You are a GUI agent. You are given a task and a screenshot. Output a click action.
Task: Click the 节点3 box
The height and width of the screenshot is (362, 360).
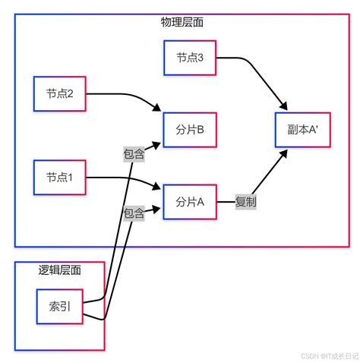pyautogui.click(x=190, y=58)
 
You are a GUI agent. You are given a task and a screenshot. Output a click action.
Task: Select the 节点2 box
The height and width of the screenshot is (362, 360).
pyautogui.click(x=59, y=94)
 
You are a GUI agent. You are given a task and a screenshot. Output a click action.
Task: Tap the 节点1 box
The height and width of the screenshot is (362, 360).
pyautogui.click(x=59, y=178)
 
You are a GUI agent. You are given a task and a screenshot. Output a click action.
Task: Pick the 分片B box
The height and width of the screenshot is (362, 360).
pyautogui.click(x=190, y=130)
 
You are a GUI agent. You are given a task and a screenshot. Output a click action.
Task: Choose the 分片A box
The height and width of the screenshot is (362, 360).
pyautogui.click(x=190, y=202)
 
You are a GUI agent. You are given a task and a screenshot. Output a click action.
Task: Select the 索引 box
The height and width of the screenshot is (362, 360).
pyautogui.click(x=59, y=307)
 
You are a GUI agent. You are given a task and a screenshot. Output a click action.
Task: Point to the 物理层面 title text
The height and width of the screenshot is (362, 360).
pyautogui.click(x=182, y=22)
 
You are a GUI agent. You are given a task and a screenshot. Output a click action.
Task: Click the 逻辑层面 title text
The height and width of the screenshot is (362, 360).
pyautogui.click(x=59, y=269)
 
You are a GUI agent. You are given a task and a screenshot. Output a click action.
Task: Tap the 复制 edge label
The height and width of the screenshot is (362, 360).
pyautogui.click(x=245, y=202)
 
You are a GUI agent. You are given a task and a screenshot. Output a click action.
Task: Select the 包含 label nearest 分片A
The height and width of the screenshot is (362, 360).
pyautogui.click(x=134, y=214)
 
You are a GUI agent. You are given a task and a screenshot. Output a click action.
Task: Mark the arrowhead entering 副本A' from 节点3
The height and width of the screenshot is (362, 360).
pyautogui.click(x=286, y=108)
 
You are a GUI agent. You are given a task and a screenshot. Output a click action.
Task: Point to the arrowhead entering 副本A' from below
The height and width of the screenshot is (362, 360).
pyautogui.click(x=286, y=153)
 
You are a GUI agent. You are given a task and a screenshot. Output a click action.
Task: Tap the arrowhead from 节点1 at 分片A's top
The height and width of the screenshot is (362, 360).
pyautogui.click(x=159, y=188)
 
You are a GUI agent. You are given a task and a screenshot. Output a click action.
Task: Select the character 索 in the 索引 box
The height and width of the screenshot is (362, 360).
pyautogui.click(x=53, y=307)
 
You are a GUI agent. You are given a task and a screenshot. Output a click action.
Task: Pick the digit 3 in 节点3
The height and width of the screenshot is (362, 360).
pyautogui.click(x=201, y=58)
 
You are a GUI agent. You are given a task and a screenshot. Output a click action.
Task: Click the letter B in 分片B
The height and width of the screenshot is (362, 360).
pyautogui.click(x=201, y=130)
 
